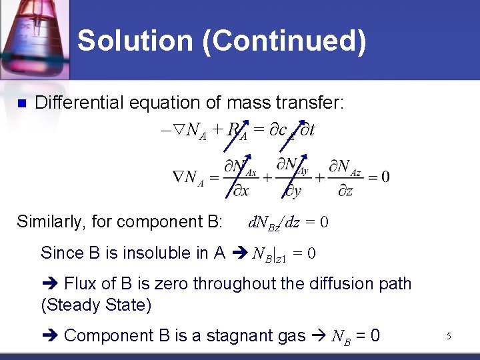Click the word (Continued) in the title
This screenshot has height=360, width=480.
coord(285,41)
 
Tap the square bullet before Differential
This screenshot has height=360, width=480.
coord(20,103)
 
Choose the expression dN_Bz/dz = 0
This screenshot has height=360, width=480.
coord(287,222)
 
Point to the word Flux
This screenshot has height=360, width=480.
coord(80,284)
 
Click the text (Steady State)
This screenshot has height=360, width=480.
coord(96,305)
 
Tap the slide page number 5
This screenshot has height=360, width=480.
coord(449,337)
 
